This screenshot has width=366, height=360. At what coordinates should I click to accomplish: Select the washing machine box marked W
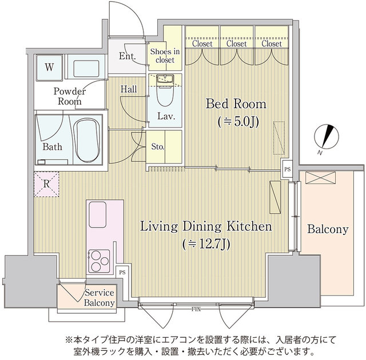(x=50, y=67)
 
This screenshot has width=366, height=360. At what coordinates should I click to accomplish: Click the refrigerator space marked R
(x=46, y=183)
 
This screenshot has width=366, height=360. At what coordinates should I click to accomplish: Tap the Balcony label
(x=327, y=230)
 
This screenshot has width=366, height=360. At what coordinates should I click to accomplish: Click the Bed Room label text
(x=236, y=105)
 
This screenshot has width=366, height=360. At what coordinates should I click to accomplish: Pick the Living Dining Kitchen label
(x=205, y=227)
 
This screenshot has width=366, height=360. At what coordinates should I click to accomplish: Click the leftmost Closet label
(x=202, y=43)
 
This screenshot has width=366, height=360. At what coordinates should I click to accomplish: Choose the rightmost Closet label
(x=271, y=43)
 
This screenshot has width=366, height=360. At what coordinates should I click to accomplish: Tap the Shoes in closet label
(x=165, y=55)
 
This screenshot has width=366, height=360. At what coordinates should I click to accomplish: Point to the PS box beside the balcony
(x=287, y=169)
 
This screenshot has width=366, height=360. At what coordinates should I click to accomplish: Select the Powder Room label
(x=70, y=96)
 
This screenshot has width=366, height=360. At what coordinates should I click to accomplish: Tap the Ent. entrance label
(x=127, y=56)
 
